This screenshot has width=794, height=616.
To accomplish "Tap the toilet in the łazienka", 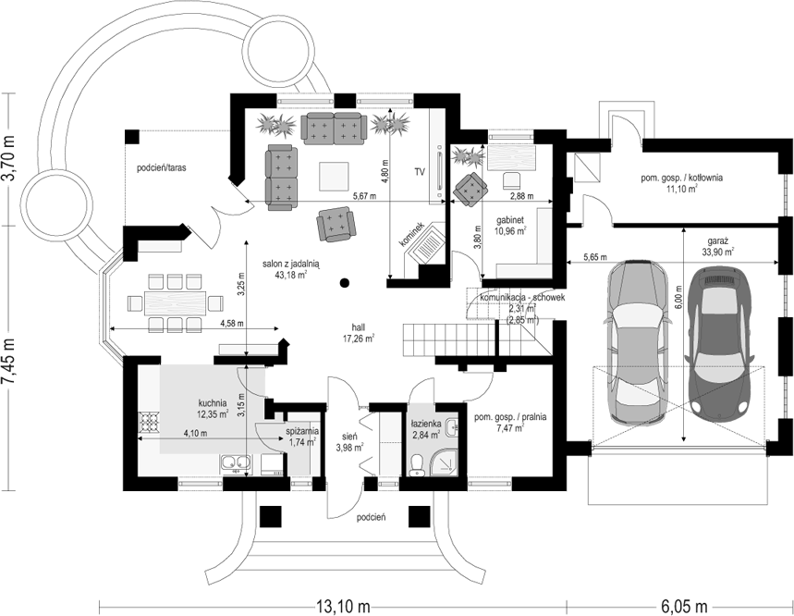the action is (417, 465).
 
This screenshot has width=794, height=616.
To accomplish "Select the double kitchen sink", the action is (236, 463).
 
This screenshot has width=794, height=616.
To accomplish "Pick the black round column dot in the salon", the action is (345, 283).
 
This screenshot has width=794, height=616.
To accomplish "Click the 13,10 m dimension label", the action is (343, 605).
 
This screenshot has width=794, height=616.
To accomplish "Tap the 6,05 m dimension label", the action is (684, 605).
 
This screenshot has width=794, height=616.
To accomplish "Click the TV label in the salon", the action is (419, 172).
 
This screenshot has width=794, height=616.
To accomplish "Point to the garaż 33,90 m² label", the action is (717, 246).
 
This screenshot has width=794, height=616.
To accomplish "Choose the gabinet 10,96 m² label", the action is (510, 225).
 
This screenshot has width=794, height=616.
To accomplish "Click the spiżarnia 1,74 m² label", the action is (302, 437).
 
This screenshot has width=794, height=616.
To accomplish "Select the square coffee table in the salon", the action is (333, 176).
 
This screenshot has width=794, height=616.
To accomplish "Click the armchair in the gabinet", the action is (470, 189).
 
